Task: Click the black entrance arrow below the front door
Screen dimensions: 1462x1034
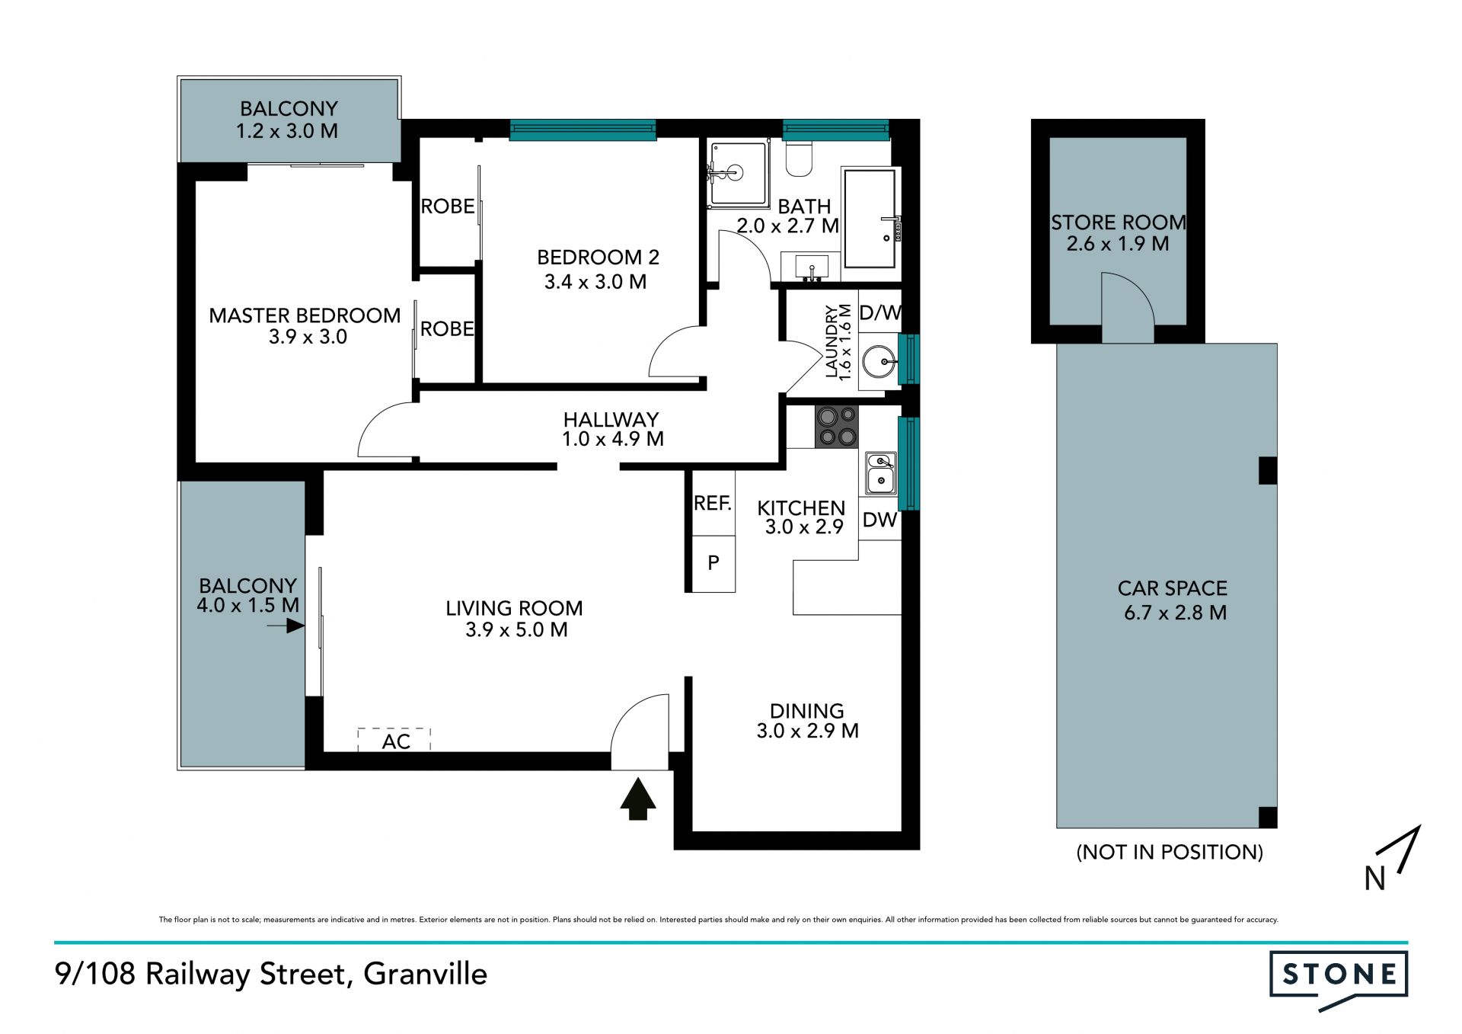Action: point(637,799)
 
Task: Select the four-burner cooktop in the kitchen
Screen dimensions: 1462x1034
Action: point(837,426)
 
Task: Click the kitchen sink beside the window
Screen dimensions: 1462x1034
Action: point(881,472)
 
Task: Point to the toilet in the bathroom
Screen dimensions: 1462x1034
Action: point(799,157)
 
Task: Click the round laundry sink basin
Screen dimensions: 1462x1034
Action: point(879,362)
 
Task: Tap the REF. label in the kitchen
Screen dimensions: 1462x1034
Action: point(713,503)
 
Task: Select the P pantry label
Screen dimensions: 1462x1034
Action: point(713,563)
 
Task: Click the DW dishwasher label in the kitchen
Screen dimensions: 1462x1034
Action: point(879,520)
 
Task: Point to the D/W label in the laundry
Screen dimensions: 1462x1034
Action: point(880,312)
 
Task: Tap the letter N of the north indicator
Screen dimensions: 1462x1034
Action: point(1374,879)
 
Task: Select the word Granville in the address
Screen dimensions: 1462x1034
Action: point(426,974)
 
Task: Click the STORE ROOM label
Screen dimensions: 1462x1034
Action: point(1119,222)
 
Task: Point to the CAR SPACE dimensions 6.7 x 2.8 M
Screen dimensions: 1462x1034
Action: point(1175,613)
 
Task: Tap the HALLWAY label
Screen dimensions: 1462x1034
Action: point(611,419)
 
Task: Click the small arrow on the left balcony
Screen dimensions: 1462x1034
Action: point(286,626)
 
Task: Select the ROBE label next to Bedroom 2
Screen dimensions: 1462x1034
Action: point(448,206)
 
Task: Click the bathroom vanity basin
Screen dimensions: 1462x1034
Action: point(812,267)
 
